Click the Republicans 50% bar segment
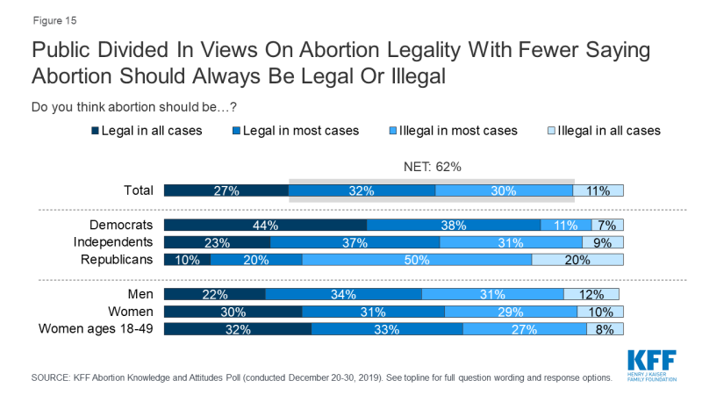coord(417,260)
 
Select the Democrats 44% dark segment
coord(265,225)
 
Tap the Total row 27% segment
coord(226,190)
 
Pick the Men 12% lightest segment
coord(593,295)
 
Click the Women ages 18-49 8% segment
coord(605,329)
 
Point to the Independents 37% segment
coord(355,242)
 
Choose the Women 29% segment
coord(511,312)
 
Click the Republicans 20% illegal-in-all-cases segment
coord(577,260)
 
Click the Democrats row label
coord(124,225)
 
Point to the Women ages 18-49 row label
coord(96,329)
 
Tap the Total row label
coord(139,190)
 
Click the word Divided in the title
coord(124,49)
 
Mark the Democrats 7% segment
coord(607,225)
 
